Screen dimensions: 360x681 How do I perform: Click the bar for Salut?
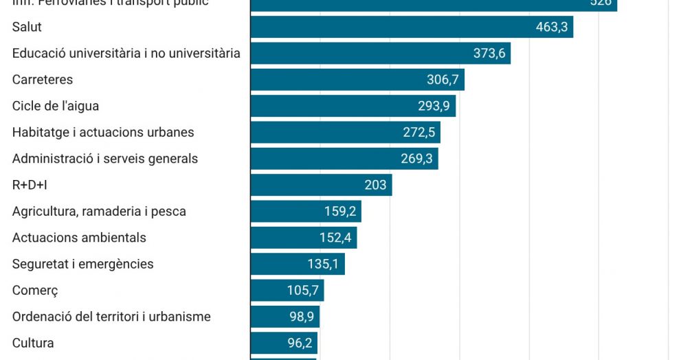point(411,27)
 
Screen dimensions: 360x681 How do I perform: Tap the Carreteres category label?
point(43,80)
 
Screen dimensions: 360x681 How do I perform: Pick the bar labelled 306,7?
point(357,80)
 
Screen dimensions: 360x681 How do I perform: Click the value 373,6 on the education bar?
point(489,54)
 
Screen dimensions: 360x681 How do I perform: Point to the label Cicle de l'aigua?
point(56,106)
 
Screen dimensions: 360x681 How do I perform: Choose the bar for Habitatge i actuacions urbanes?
point(345,133)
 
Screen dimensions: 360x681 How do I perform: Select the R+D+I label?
point(30,185)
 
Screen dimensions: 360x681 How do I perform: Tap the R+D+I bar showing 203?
point(321,185)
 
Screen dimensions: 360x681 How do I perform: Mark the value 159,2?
point(340,212)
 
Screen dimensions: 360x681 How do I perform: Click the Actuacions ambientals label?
point(79,238)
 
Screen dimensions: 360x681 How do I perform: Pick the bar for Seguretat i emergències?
point(297,264)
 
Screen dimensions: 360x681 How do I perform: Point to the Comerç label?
point(35,291)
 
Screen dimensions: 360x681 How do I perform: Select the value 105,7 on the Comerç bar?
point(303,291)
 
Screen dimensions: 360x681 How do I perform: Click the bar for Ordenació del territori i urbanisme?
point(284,317)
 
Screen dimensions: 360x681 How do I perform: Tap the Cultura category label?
point(33,343)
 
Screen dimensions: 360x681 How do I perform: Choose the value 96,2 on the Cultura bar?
point(300,343)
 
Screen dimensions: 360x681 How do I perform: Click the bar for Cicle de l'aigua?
point(353,106)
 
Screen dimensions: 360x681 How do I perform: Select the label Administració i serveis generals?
point(105,159)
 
